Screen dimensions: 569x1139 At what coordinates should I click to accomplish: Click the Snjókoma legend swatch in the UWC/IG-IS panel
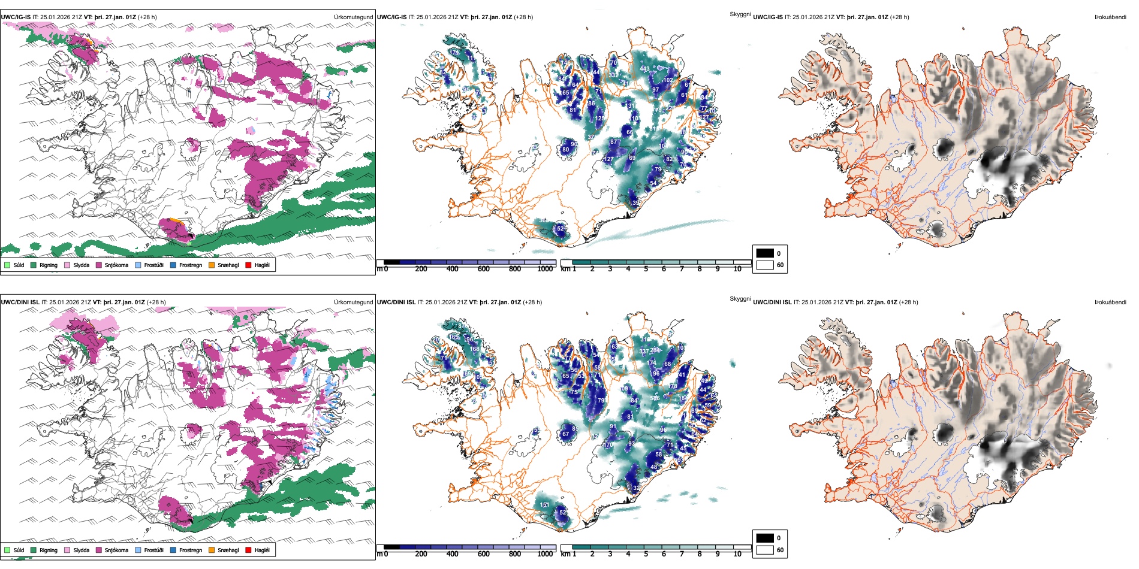[x=99, y=265]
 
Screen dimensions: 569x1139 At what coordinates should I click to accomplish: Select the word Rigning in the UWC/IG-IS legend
[x=49, y=265]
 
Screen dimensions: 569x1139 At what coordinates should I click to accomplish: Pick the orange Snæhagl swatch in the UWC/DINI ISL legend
[x=212, y=550]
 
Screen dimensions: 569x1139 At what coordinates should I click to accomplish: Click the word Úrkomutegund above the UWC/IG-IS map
[x=353, y=17]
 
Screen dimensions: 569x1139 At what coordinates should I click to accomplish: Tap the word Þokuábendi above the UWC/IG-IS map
[x=1110, y=17]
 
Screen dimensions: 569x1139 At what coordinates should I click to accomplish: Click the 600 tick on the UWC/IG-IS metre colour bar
[x=484, y=269]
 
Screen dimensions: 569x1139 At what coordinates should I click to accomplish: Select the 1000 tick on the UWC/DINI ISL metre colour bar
[x=545, y=554]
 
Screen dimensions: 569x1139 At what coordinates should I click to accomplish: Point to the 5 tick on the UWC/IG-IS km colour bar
[x=646, y=269]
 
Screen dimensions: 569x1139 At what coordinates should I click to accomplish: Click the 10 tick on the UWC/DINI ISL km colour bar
[x=737, y=554]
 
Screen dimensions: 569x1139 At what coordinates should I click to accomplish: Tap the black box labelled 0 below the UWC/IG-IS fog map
[x=765, y=253]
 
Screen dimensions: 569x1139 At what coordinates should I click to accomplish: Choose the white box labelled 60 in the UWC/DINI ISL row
[x=765, y=549]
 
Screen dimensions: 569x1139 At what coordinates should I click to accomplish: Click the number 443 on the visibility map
[x=644, y=69]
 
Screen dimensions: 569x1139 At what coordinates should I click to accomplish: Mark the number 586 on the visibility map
[x=655, y=398]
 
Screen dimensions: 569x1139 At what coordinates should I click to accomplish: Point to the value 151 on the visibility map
[x=544, y=505]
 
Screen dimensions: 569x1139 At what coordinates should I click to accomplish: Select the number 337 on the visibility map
[x=644, y=352]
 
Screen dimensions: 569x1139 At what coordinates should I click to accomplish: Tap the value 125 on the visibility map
[x=599, y=119]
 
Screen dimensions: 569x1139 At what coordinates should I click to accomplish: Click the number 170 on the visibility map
[x=608, y=445]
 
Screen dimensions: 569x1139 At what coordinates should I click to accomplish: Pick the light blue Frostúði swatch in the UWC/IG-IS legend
[x=138, y=265]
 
